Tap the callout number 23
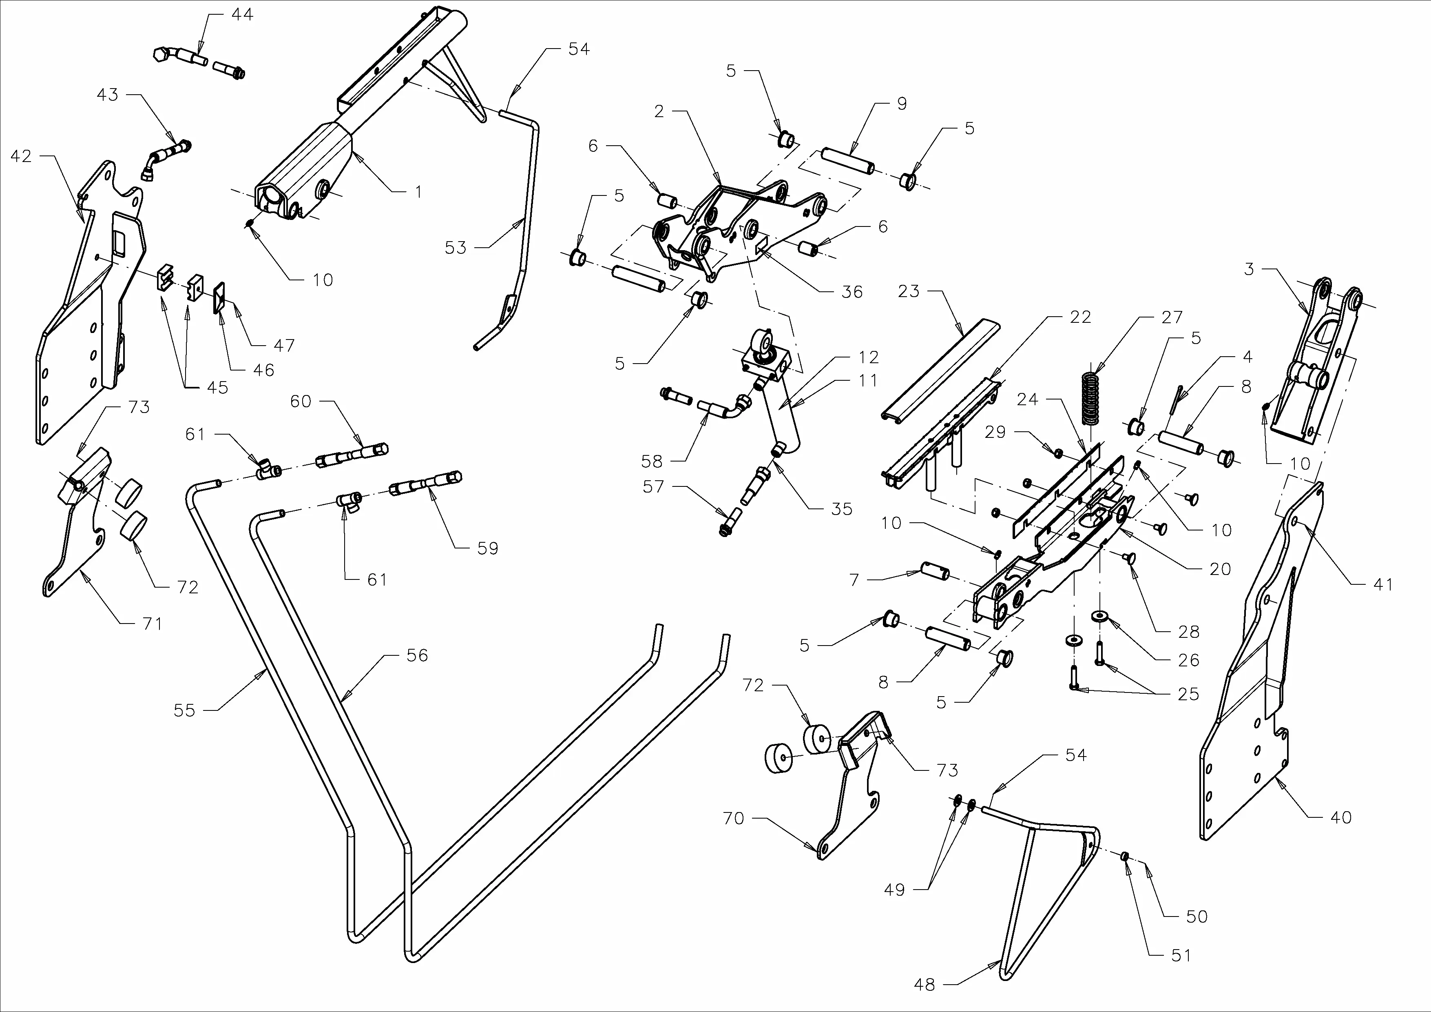(x=909, y=291)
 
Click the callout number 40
(x=1340, y=817)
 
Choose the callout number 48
(x=924, y=985)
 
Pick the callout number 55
(x=184, y=710)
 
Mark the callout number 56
(x=417, y=655)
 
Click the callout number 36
(x=852, y=292)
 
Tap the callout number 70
(x=734, y=818)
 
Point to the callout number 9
(x=902, y=104)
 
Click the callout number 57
(x=653, y=486)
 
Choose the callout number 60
(x=301, y=401)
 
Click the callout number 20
(x=1220, y=569)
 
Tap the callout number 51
(x=1181, y=955)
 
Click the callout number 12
(x=868, y=357)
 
